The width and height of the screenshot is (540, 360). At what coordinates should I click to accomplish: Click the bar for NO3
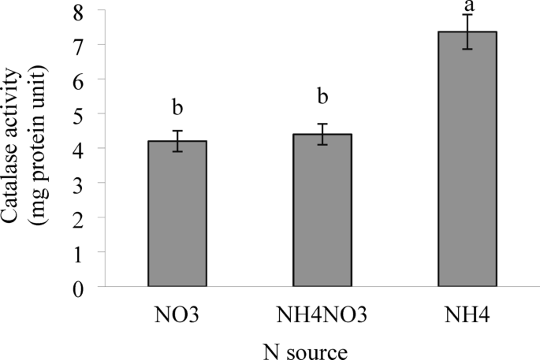(178, 213)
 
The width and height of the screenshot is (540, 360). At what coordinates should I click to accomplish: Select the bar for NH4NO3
(322, 210)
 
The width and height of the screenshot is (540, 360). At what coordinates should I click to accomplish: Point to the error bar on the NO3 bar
(178, 141)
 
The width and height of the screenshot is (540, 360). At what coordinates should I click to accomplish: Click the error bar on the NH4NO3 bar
(322, 134)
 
